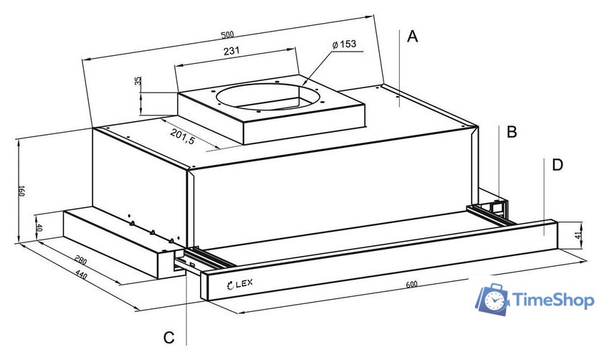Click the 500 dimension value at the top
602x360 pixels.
227,35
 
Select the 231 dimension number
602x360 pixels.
231,50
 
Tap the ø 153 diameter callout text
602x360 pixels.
344,44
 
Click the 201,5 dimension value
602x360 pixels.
183,136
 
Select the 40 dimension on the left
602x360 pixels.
39,228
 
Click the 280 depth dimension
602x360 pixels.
80,260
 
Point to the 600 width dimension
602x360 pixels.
411,284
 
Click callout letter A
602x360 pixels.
412,37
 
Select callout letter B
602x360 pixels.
512,132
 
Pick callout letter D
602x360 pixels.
557,165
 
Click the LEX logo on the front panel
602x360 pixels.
240,284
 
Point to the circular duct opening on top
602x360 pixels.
267,98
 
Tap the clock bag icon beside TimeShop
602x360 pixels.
493,298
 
